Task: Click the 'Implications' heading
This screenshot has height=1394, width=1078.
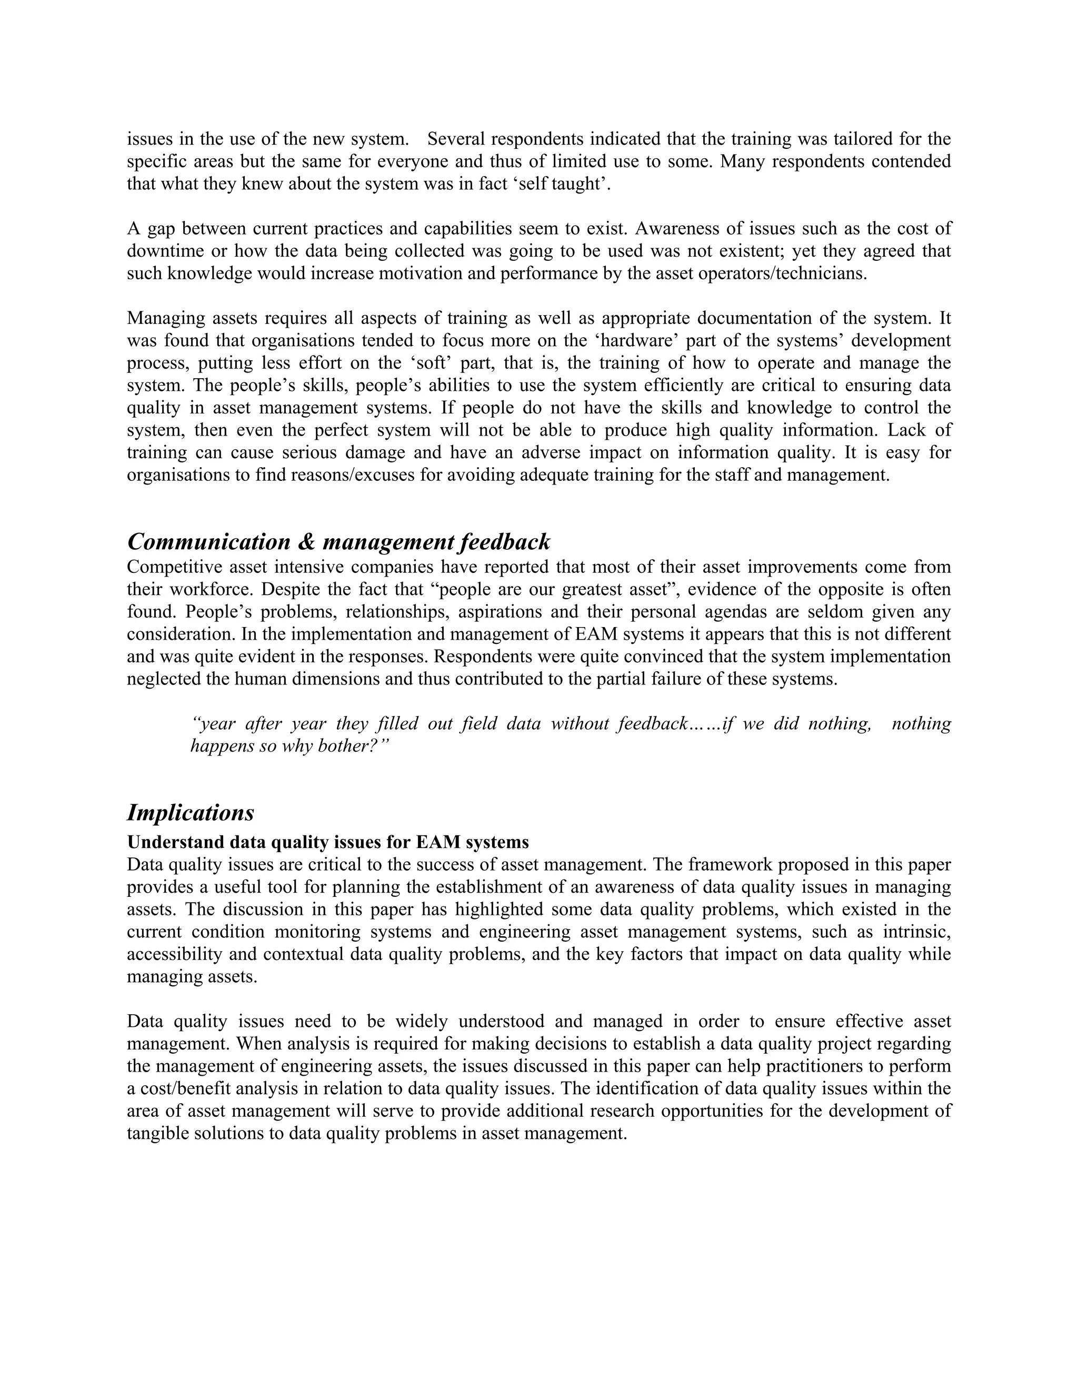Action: [191, 813]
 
